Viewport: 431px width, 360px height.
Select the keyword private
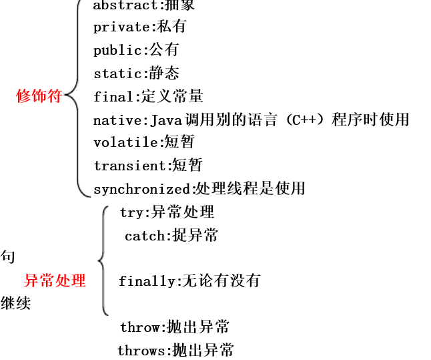coord(120,27)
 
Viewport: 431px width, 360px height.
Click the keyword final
coord(113,97)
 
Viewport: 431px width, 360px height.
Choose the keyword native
coord(117,120)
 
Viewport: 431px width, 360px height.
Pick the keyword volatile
coord(125,143)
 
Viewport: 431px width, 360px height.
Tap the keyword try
coord(132,213)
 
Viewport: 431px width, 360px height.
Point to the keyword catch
coord(144,236)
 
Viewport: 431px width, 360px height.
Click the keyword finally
coord(147,281)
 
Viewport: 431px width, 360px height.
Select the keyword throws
coord(141,351)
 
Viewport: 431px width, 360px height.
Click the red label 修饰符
coord(39,96)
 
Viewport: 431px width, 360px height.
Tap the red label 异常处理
coord(55,281)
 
